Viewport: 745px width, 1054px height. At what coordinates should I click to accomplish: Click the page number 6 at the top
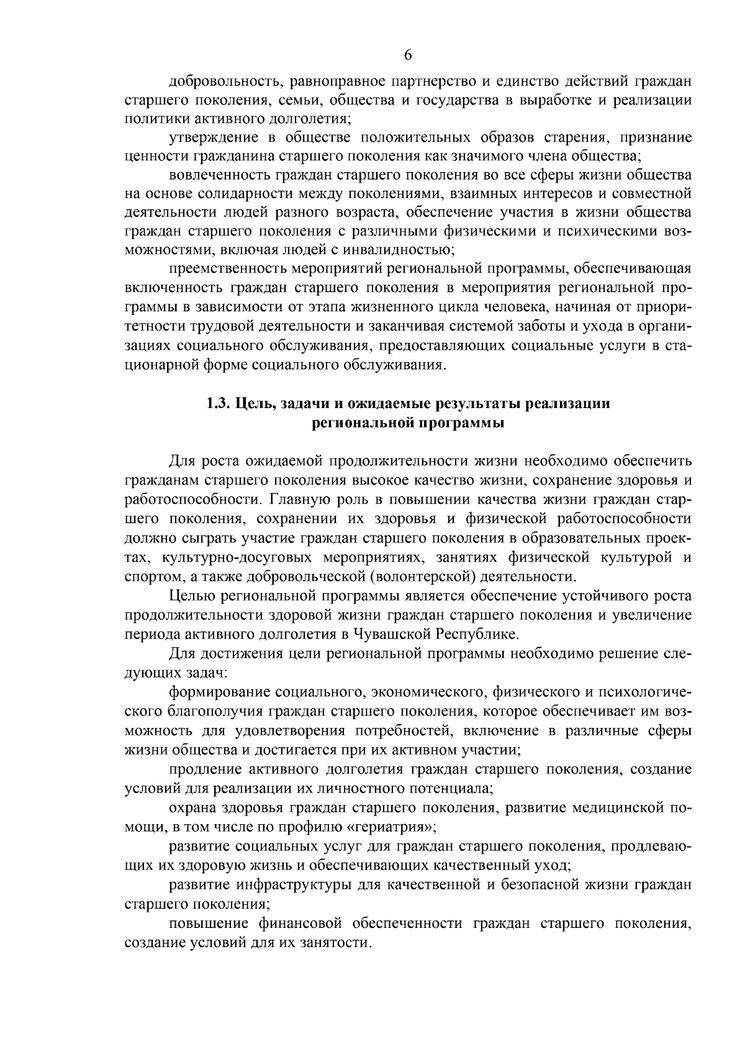tap(408, 55)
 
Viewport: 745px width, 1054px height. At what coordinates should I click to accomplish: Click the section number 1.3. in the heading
tap(219, 404)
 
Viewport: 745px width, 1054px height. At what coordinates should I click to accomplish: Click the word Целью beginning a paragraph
tap(189, 596)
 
